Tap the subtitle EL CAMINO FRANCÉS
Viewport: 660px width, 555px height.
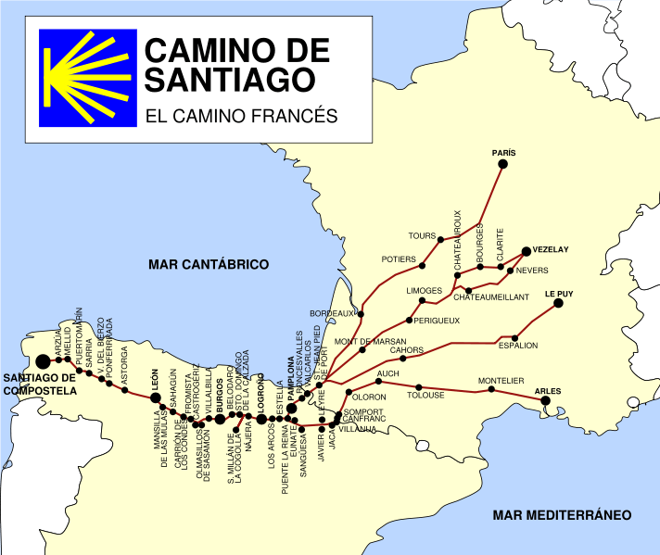[241, 118]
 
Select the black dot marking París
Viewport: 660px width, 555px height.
[503, 164]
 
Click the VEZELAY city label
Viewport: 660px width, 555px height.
[551, 249]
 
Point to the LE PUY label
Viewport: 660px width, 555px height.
[558, 294]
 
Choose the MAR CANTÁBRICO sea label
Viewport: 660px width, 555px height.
[209, 265]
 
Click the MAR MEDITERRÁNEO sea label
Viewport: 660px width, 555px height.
[562, 515]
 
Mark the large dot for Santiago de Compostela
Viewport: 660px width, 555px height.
[42, 361]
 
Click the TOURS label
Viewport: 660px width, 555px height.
[422, 235]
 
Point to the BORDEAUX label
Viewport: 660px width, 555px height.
[332, 313]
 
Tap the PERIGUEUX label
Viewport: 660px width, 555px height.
[438, 321]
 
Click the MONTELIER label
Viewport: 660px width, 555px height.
[501, 381]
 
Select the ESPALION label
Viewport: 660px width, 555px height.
[518, 346]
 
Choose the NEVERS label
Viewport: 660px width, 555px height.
[532, 271]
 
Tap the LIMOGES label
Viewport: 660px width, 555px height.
[425, 291]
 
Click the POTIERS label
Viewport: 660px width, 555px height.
[400, 259]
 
